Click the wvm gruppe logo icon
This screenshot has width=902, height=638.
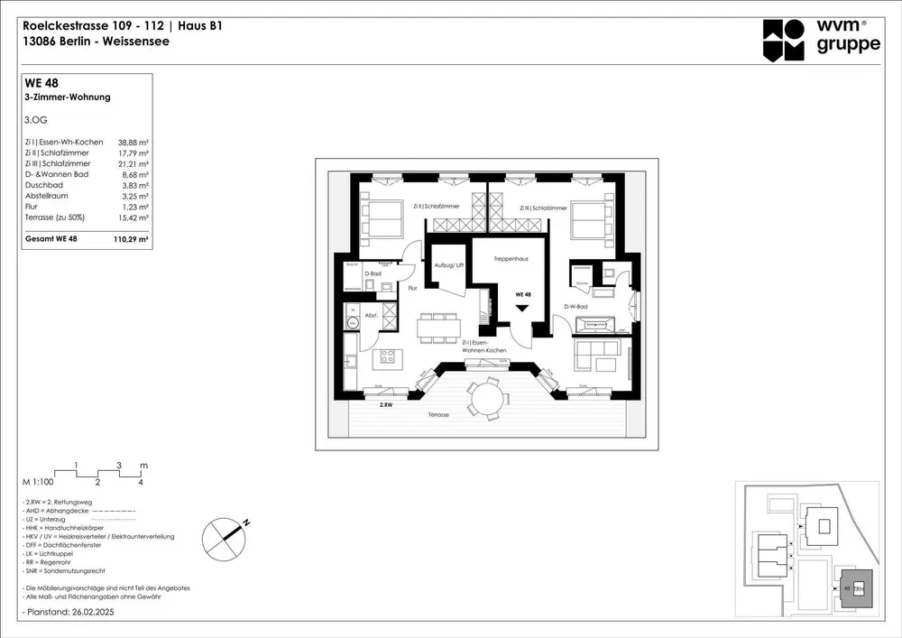click(x=783, y=40)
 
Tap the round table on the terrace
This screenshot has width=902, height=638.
click(x=486, y=398)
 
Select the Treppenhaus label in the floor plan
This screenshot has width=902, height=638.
click(x=510, y=259)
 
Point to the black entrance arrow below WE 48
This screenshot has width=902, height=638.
click(x=521, y=308)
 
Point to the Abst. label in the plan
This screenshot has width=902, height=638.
click(x=371, y=317)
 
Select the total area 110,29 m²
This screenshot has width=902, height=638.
click(x=132, y=241)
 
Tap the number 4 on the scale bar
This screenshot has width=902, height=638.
click(x=141, y=483)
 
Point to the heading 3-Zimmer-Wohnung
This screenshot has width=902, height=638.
click(x=68, y=97)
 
